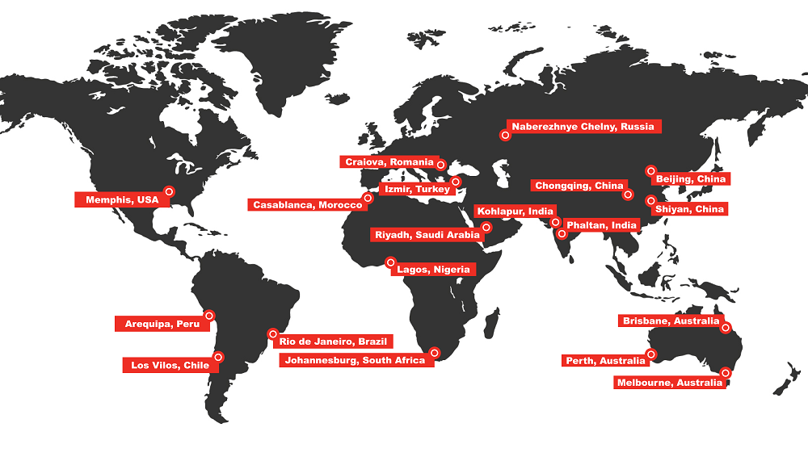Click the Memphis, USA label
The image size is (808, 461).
pyautogui.click(x=117, y=199)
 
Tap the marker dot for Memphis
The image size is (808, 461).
pyautogui.click(x=169, y=191)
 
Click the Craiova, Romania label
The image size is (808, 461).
pyautogui.click(x=389, y=162)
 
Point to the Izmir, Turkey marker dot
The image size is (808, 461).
pyautogui.click(x=456, y=182)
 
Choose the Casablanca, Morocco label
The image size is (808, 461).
pyautogui.click(x=308, y=205)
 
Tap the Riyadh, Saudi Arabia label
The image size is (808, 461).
pyautogui.click(x=427, y=235)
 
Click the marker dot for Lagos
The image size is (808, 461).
pyautogui.click(x=390, y=262)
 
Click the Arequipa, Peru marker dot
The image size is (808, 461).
pyautogui.click(x=209, y=316)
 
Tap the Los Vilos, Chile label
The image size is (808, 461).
pyautogui.click(x=170, y=366)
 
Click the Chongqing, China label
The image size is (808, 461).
pyautogui.click(x=579, y=186)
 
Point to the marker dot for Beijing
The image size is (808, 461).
pyautogui.click(x=650, y=170)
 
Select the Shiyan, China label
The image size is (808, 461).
pyautogui.click(x=689, y=209)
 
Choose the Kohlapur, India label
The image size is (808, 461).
pyautogui.click(x=515, y=212)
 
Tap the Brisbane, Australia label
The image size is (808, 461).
pyautogui.click(x=671, y=321)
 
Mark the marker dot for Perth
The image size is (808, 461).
pyautogui.click(x=652, y=354)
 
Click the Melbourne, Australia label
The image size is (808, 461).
pyautogui.click(x=669, y=383)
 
